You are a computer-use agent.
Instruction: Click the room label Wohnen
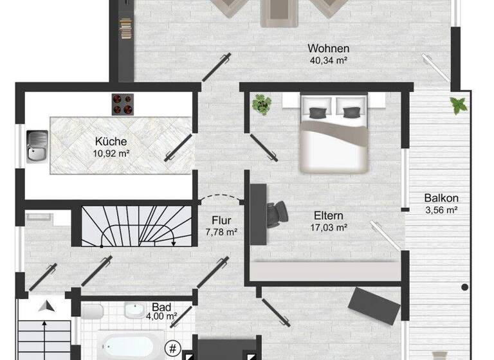coord(328,49)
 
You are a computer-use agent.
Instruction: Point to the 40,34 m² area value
coord(328,61)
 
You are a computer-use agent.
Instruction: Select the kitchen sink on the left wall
coord(35,145)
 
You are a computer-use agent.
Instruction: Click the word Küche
coord(111,142)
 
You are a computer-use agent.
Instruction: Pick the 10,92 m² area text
coord(111,154)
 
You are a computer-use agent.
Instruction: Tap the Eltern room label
coord(329,216)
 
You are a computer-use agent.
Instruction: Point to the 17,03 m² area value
coord(329,228)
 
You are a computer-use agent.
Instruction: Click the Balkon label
coord(441,198)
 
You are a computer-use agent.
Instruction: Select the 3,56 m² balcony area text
coord(441,210)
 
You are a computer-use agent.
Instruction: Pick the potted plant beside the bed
coord(261,104)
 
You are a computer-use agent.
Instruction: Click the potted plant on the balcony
coord(459,104)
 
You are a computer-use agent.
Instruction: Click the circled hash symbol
coord(172,349)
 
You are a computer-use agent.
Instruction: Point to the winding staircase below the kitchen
coord(137,225)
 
